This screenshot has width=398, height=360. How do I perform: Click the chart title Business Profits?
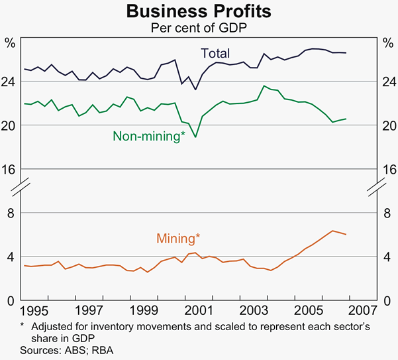tap(199, 12)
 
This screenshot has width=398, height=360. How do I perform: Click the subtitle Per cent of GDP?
tap(199, 29)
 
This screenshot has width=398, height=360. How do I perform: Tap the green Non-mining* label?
tap(149, 137)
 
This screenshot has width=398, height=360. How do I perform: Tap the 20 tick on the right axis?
tap(385, 125)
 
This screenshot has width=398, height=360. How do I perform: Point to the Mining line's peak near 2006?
tap(333, 231)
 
